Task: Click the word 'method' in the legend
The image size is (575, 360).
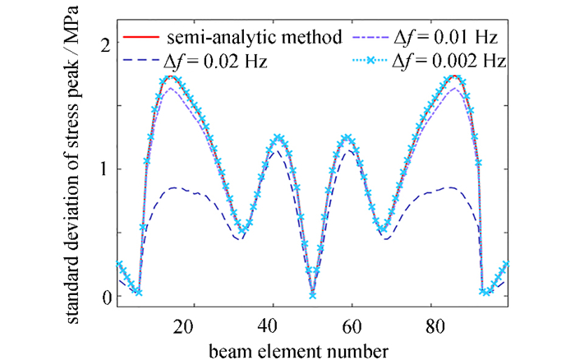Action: (x=293, y=38)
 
